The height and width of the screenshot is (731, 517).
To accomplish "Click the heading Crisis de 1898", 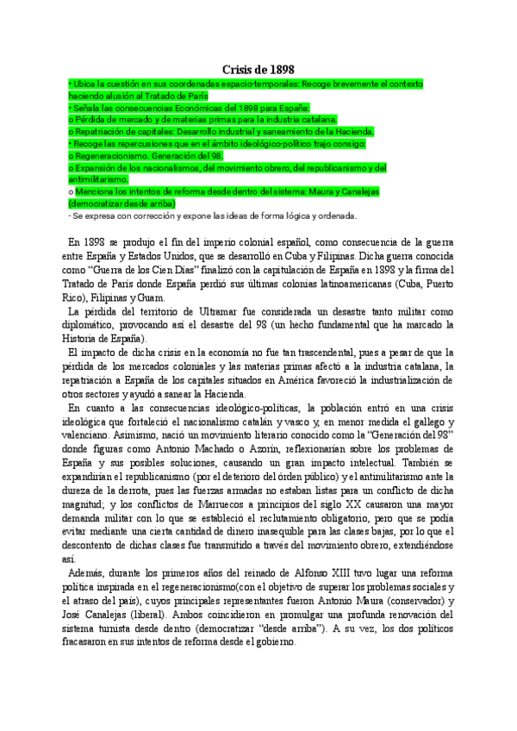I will tap(258, 69).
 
